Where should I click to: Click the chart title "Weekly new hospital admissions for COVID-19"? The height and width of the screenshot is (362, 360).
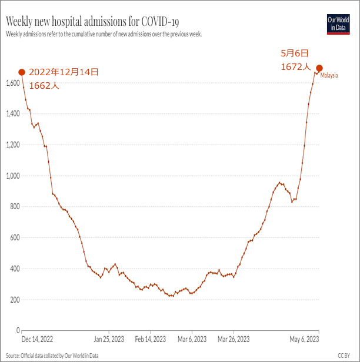tap(92, 22)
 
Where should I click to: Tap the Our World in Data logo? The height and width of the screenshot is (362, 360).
tap(338, 24)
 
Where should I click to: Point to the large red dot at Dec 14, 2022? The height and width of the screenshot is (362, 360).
tap(22, 72)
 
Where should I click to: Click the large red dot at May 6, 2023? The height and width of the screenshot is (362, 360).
tap(319, 68)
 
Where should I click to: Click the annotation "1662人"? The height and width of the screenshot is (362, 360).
tap(44, 85)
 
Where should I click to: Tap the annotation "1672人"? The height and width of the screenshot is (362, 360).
tap(295, 68)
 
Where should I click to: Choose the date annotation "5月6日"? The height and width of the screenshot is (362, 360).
tap(294, 54)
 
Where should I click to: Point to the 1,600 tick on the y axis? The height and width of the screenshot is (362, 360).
tap(12, 83)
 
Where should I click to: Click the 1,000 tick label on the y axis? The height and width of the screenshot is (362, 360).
tap(12, 176)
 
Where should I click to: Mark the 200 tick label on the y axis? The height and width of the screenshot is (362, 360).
tap(14, 300)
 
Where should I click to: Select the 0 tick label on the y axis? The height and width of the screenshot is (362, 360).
tap(18, 330)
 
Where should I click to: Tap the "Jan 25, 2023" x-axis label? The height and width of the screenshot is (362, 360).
tap(109, 339)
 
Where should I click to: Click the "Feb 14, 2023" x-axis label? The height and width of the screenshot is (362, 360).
tap(151, 339)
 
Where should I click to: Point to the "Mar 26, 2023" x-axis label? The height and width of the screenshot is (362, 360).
tap(234, 339)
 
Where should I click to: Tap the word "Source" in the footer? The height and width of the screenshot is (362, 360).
tap(14, 356)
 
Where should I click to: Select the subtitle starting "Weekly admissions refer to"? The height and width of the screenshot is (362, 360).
tap(104, 34)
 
